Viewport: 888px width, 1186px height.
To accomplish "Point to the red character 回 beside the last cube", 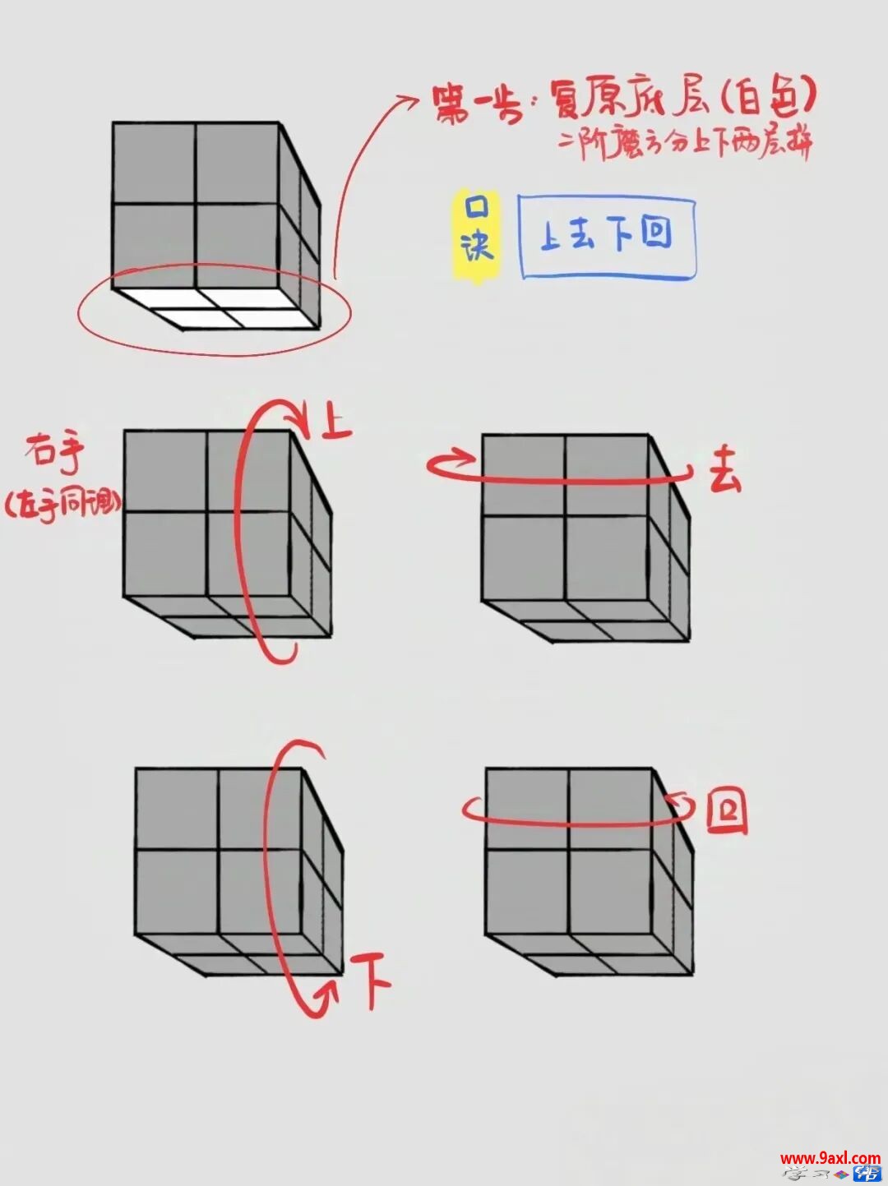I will click(x=727, y=812).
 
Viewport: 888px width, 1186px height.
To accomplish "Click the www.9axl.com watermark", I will click(x=830, y=1158).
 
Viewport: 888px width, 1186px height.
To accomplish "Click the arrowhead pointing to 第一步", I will click(x=409, y=101).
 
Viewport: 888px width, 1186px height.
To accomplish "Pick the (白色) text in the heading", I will click(x=770, y=99).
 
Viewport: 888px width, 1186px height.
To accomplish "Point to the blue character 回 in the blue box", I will click(x=655, y=233).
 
